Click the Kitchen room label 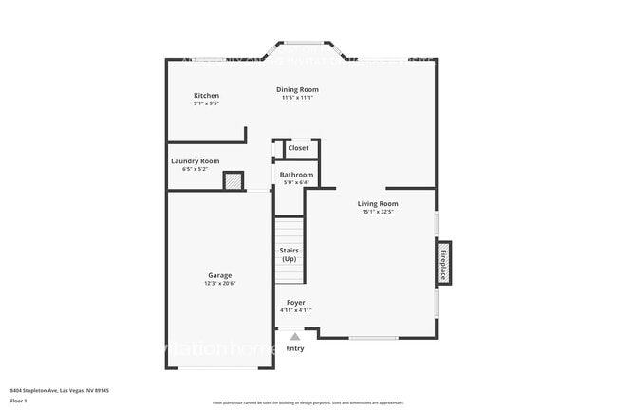tap(206, 96)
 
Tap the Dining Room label tap(297, 89)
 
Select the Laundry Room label tap(195, 161)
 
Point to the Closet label tap(298, 148)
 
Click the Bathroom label tap(296, 175)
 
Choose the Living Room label tap(377, 204)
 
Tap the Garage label tap(219, 276)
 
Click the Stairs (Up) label tap(290, 254)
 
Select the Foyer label tap(295, 303)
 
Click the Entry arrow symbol tap(295, 336)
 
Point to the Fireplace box tap(443, 263)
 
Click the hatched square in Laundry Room tap(233, 181)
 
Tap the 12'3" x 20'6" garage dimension tap(219, 284)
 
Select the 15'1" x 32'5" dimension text tap(377, 212)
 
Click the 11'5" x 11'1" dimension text tap(297, 98)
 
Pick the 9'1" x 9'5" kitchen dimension tap(206, 104)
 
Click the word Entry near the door tap(295, 348)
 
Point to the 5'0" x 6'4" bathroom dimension tap(296, 182)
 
